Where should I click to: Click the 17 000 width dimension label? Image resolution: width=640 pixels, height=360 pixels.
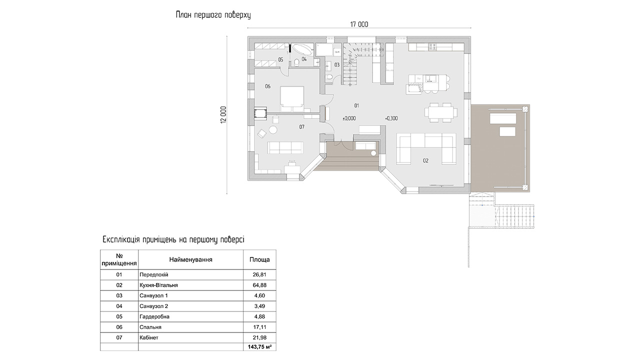click(359, 24)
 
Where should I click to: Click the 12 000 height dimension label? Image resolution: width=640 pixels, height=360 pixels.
click(223, 115)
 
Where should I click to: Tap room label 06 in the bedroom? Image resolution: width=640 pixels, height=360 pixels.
click(267, 86)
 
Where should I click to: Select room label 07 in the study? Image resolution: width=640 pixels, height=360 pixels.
click(302, 127)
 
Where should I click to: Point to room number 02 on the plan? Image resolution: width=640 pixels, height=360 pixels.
click(425, 161)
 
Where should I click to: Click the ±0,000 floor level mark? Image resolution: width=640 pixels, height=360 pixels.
click(349, 118)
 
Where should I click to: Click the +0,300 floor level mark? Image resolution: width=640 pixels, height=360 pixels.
click(391, 118)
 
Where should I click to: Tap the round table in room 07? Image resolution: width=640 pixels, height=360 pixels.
click(273, 130)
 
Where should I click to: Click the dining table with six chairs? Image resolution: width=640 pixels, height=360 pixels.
click(441, 112)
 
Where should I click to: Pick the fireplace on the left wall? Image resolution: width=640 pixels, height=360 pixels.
click(260, 112)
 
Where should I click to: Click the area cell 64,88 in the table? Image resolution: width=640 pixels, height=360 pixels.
click(259, 285)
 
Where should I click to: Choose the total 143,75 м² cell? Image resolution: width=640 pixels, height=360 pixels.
click(259, 347)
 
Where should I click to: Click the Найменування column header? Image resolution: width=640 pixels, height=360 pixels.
click(191, 259)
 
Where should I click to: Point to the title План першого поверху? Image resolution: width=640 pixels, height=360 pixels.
click(213, 15)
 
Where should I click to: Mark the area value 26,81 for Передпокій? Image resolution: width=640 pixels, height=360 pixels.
click(259, 274)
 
